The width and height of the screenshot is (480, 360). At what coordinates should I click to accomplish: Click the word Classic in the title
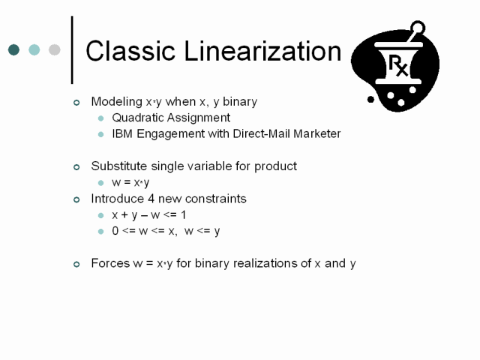pos(130,51)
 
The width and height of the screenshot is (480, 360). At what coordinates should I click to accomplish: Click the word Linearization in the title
pos(262,51)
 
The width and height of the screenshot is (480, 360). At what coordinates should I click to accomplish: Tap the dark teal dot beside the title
pos(13,49)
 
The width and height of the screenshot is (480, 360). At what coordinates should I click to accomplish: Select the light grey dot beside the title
pos(55,49)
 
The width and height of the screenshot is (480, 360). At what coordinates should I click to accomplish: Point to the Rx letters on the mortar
pos(398,65)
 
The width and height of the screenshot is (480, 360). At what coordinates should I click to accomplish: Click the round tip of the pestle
pos(418,28)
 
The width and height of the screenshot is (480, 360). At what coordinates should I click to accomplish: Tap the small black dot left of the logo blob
pos(370,99)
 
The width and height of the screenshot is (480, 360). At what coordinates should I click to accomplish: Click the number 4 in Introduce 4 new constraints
pos(151,199)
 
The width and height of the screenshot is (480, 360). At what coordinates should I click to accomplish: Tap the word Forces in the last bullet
pos(110,263)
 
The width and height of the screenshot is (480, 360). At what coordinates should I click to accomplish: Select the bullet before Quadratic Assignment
pos(100,118)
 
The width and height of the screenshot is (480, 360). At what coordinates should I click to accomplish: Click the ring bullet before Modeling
pos(76,103)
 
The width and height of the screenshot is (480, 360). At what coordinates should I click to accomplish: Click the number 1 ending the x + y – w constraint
pos(183,215)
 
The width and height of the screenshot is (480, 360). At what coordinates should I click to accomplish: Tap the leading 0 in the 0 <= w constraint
pos(115,231)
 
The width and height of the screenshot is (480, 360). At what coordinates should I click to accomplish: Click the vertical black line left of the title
pos(72,49)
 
